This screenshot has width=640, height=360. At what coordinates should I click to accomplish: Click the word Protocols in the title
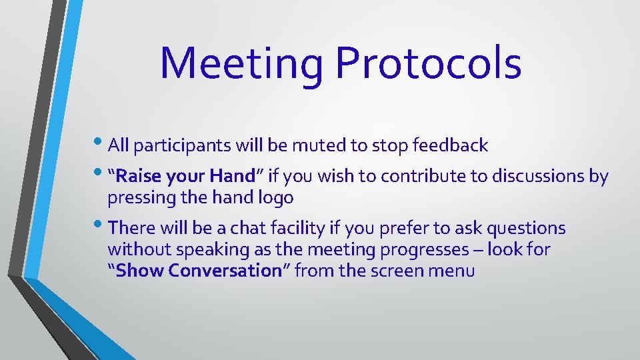click(428, 64)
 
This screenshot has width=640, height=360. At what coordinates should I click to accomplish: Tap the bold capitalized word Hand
click(232, 176)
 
